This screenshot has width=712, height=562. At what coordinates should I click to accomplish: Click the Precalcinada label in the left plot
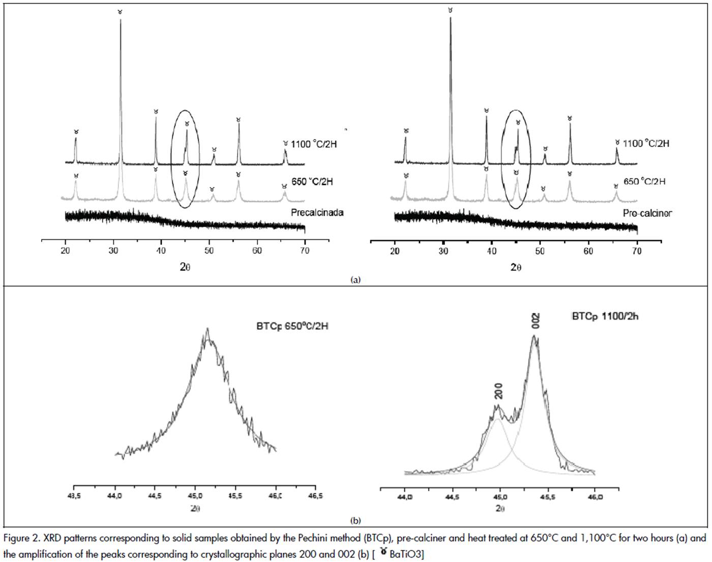pos(317,212)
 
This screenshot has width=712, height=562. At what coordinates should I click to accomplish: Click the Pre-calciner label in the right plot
pos(647,213)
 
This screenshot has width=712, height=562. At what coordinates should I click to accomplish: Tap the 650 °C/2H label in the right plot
pos(644,181)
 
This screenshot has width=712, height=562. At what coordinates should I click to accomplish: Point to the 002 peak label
pos(536,321)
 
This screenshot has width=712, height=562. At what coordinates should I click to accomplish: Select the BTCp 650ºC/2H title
pos(292,326)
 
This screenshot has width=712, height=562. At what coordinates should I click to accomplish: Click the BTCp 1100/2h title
pos(605,316)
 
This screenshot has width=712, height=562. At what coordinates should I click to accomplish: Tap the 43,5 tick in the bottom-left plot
pos(74,496)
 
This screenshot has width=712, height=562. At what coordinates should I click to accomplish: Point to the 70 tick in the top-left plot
pos(305,251)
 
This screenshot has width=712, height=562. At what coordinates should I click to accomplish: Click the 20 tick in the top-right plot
pos(395,251)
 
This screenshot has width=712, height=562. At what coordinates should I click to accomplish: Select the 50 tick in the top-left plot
pos(209,251)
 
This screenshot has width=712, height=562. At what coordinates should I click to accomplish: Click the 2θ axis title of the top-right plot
pos(516,268)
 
